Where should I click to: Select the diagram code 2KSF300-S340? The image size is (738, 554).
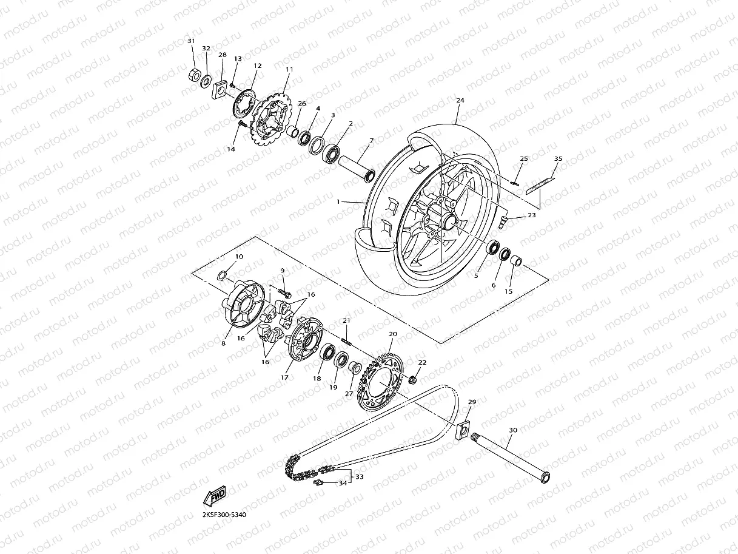point(224,514)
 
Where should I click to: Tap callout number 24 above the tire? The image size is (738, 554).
point(460,100)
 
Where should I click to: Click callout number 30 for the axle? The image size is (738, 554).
point(512,430)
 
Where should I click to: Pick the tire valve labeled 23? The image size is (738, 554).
point(503,221)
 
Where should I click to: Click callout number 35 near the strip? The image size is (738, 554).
point(558,159)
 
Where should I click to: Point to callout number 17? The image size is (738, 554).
point(283,377)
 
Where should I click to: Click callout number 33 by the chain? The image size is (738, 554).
point(360,477)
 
